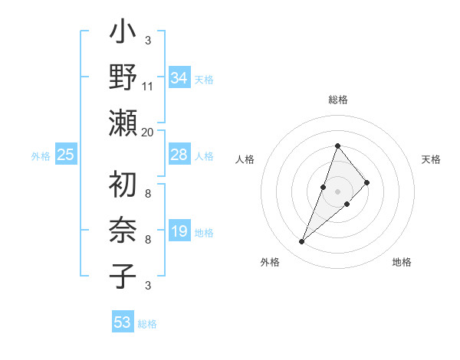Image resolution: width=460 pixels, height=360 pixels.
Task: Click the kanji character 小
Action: tap(123, 34)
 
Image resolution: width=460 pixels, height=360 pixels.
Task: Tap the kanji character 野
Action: tap(123, 78)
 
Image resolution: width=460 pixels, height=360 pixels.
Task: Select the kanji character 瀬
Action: tap(123, 123)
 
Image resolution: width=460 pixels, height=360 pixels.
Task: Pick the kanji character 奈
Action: tap(123, 231)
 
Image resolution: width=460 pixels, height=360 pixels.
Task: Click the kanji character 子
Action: tap(123, 275)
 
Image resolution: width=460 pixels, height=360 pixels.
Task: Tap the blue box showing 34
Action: tap(179, 78)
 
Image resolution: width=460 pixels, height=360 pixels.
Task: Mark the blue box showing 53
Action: tap(122, 322)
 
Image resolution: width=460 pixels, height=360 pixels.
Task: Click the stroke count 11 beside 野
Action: tap(148, 87)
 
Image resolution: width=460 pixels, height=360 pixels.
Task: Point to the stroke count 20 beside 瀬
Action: tap(148, 132)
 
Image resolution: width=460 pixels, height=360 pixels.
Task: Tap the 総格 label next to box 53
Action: tap(147, 324)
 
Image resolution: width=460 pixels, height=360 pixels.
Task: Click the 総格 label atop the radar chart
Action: tap(337, 100)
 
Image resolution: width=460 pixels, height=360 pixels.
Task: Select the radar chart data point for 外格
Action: tap(301, 242)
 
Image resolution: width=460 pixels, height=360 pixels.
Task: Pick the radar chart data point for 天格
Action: tap(367, 182)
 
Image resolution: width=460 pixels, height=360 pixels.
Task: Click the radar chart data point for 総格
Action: tap(337, 146)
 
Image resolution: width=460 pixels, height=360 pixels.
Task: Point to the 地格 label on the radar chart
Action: tap(402, 262)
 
